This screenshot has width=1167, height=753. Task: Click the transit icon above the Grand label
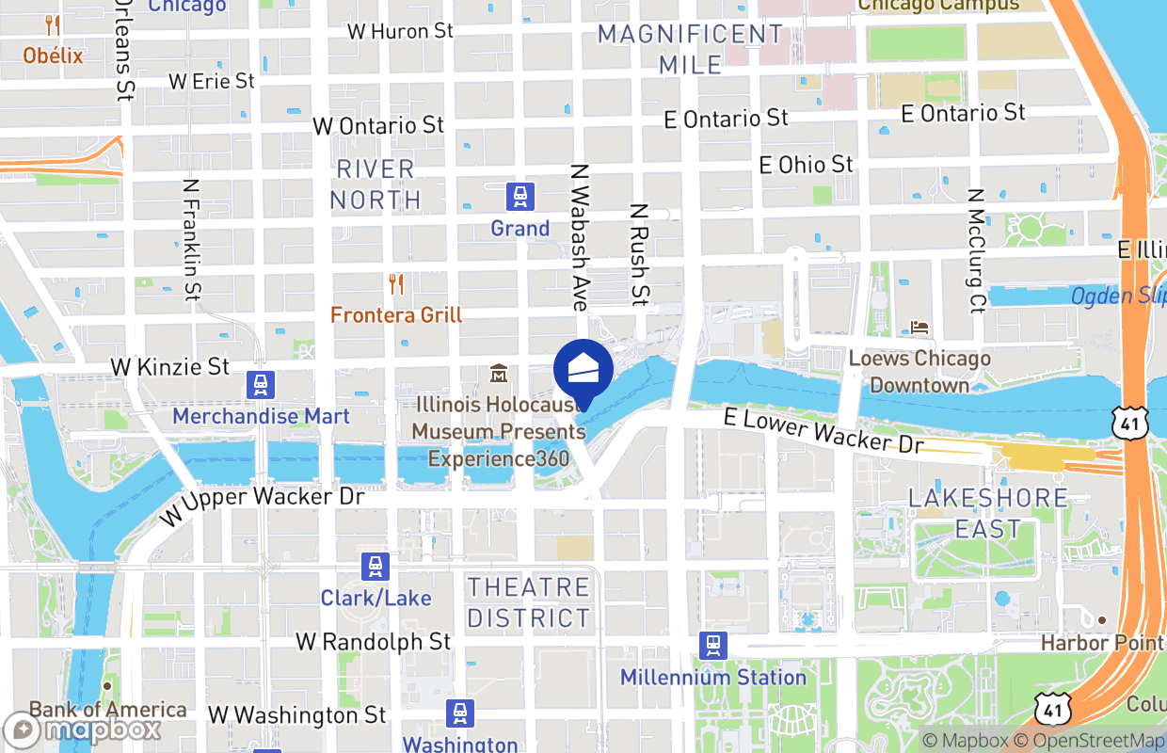click(x=520, y=197)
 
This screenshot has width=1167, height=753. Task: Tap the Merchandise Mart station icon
click(x=261, y=385)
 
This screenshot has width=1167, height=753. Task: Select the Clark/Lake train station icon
click(x=376, y=567)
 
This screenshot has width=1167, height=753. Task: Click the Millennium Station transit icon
click(x=713, y=646)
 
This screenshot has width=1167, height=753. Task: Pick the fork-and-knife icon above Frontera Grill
click(x=396, y=283)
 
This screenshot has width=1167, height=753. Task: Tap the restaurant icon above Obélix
click(x=53, y=26)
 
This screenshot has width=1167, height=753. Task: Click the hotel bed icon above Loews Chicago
click(x=919, y=328)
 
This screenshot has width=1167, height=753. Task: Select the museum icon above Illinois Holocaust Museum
click(x=499, y=374)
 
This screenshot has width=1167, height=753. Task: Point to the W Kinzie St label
click(x=170, y=366)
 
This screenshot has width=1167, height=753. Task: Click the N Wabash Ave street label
click(x=579, y=238)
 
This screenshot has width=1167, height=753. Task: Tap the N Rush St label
click(x=640, y=255)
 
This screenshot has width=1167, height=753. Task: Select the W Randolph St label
click(x=374, y=642)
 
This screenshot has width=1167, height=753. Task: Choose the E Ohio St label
click(x=807, y=165)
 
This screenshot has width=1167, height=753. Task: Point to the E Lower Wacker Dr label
click(x=823, y=431)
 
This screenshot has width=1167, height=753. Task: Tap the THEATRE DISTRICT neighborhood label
click(x=529, y=602)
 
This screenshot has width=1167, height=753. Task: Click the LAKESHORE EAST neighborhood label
click(x=988, y=513)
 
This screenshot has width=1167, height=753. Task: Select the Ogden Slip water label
click(x=1118, y=296)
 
